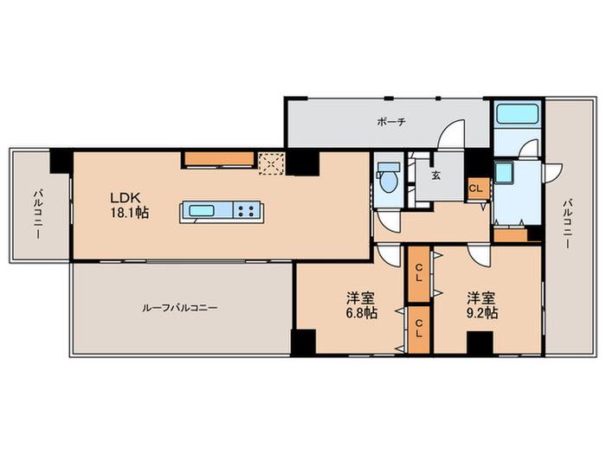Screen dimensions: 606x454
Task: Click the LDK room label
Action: coord(125,198)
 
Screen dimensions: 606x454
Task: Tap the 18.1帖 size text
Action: coord(130,213)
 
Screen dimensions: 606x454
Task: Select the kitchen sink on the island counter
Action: coord(202,211)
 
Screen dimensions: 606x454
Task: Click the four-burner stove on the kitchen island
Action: coord(246,211)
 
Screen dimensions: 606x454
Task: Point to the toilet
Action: coord(388,176)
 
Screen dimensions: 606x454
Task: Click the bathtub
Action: coord(518,113)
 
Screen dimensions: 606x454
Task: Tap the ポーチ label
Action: coord(391,122)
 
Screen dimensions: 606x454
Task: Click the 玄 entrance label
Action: coord(436,176)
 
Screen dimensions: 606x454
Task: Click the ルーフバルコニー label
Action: coord(180,308)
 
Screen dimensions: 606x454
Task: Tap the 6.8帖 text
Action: coord(361,312)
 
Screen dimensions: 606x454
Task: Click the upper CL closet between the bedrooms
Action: coord(419,273)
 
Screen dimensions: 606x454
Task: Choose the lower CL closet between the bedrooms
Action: coord(419,329)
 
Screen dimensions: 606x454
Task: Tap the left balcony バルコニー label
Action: coord(38,214)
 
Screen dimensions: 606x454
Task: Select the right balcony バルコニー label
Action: coord(567,223)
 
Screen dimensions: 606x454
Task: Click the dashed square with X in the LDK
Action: coord(272,164)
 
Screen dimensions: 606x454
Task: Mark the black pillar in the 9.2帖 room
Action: coord(480,342)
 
